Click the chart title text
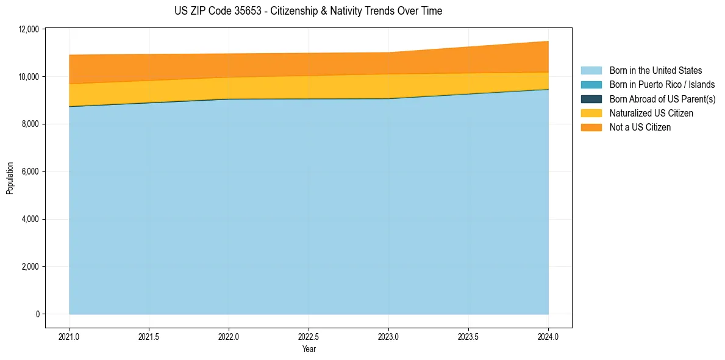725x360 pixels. pos(308,11)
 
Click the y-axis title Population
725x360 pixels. pos(10,178)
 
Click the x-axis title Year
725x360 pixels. pos(309,349)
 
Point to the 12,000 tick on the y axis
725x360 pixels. pos(29,29)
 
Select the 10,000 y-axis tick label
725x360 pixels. pos(29,77)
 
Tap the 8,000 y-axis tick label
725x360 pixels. pos(31,124)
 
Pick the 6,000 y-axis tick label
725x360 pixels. pos(31,172)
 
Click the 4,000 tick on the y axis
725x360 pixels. pos(31,219)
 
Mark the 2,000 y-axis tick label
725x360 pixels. pos(31,267)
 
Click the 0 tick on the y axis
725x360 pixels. pos(37,314)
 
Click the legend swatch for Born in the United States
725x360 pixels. pos(591,71)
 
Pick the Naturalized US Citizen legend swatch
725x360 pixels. pos(591,113)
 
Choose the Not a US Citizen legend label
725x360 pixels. pos(640,128)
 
